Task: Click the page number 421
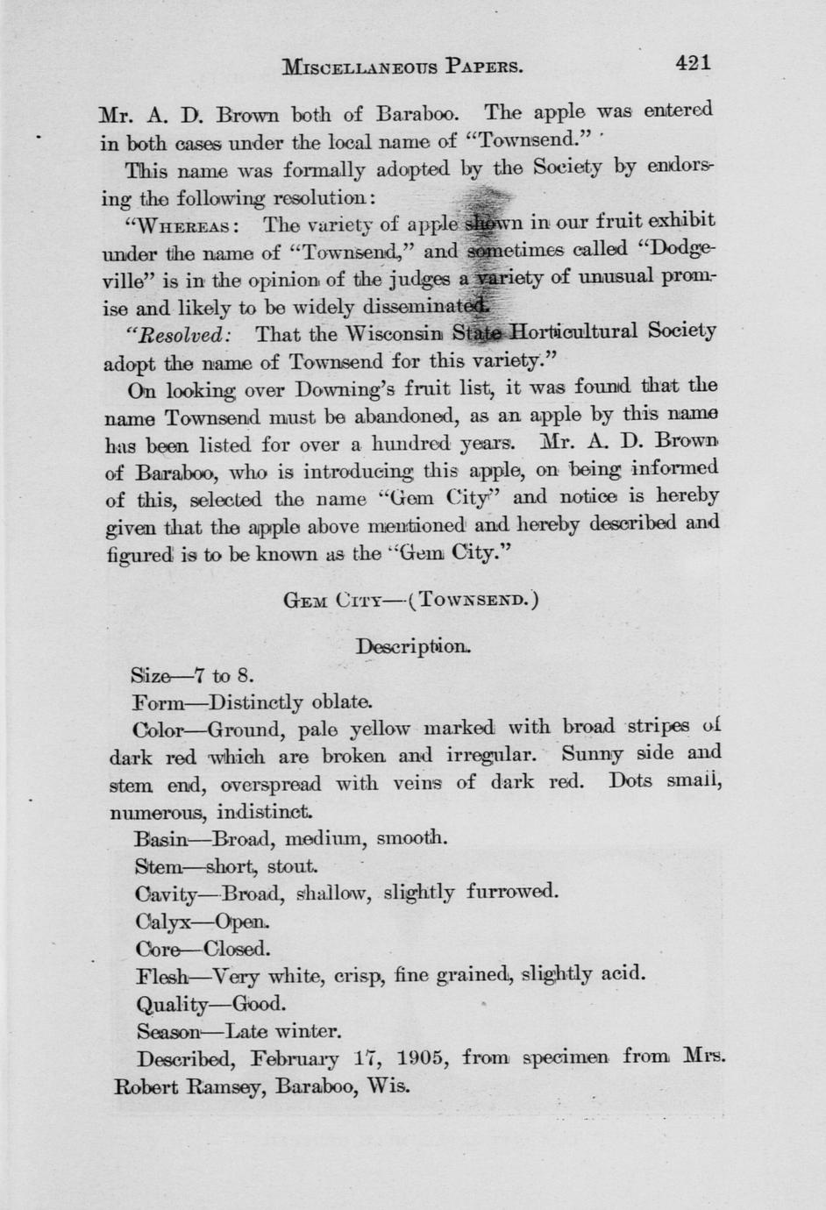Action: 692,62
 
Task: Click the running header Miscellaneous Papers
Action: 403,66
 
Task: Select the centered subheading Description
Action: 413,647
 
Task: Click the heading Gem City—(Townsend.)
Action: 411,601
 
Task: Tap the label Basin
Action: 161,839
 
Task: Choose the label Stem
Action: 158,867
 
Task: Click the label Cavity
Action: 167,894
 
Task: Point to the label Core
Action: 158,949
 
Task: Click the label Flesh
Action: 162,975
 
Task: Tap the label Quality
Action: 173,1004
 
